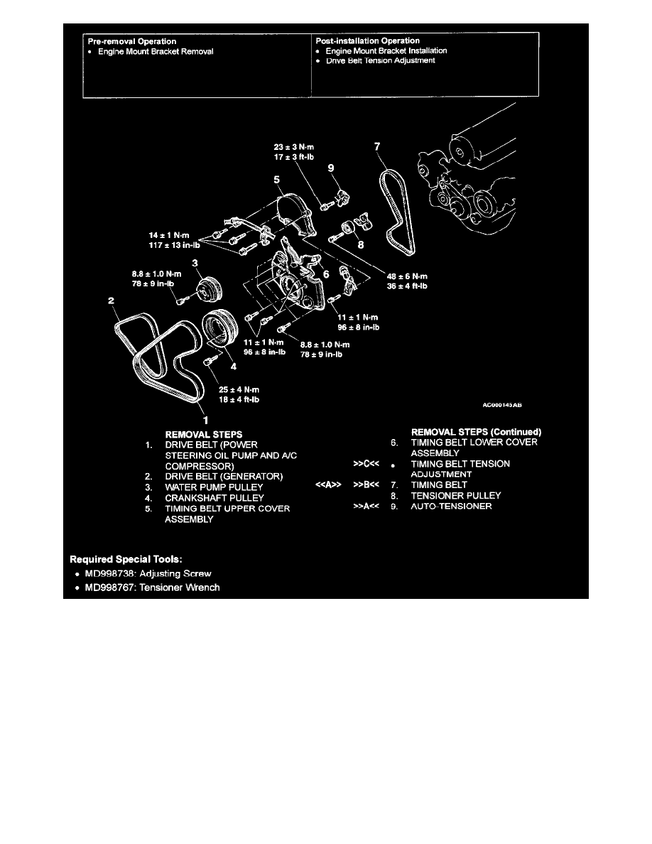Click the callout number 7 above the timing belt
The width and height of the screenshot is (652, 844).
(x=378, y=148)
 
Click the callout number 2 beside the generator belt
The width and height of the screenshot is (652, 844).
(x=112, y=301)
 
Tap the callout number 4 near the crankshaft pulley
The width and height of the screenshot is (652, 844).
(x=234, y=367)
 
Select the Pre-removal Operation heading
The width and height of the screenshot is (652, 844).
(x=132, y=41)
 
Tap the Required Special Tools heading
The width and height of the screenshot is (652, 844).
(x=131, y=558)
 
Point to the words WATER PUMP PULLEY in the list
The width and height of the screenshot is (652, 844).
(x=214, y=487)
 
